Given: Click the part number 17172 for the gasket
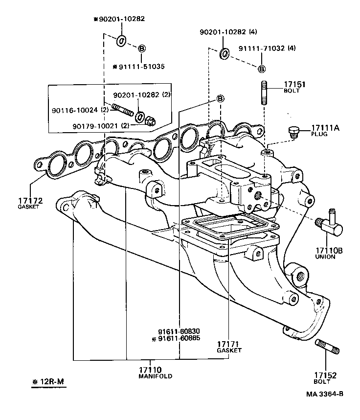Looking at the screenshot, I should [31, 201].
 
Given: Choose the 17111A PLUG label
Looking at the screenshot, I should [325, 128].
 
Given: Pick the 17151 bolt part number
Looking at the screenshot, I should [294, 84].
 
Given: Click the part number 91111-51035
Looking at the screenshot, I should [138, 67].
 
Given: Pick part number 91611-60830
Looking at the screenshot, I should [179, 330].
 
